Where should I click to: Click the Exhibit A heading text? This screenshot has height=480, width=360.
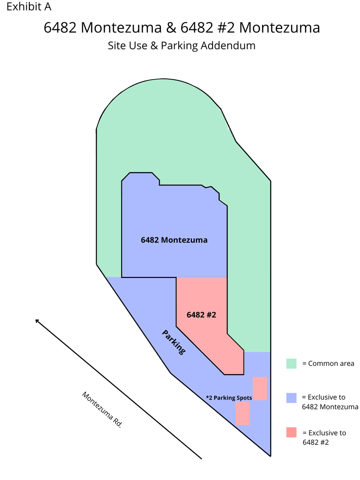tap(29, 7)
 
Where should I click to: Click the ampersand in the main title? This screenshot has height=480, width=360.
tap(171, 28)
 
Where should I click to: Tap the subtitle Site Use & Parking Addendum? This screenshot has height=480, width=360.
tap(181, 46)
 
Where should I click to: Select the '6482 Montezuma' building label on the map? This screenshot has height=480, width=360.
tap(174, 240)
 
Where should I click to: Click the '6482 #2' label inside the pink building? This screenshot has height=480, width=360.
tap(201, 315)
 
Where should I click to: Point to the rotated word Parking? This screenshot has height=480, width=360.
tap(174, 342)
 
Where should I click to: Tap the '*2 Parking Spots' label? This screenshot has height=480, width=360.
tap(229, 398)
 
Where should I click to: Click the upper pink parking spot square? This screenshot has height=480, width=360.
tap(260, 388)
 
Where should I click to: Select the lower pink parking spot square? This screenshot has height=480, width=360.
tap(243, 413)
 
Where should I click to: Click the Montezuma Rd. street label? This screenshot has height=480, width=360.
tap(102, 410)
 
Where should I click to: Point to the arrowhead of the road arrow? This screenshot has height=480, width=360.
tap(36, 320)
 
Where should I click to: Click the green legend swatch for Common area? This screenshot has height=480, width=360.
tap(292, 364)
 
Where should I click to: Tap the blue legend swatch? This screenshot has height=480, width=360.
tap(292, 398)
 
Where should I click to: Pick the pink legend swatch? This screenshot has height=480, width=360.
tap(292, 432)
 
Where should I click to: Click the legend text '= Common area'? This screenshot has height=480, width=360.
tap(328, 364)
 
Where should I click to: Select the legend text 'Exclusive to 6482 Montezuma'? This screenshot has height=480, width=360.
tap(330, 402)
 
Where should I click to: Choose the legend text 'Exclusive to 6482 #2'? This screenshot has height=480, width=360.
tap(324, 437)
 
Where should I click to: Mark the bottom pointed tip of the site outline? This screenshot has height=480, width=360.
tap(271, 456)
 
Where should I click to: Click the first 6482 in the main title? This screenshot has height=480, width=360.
tap(60, 28)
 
